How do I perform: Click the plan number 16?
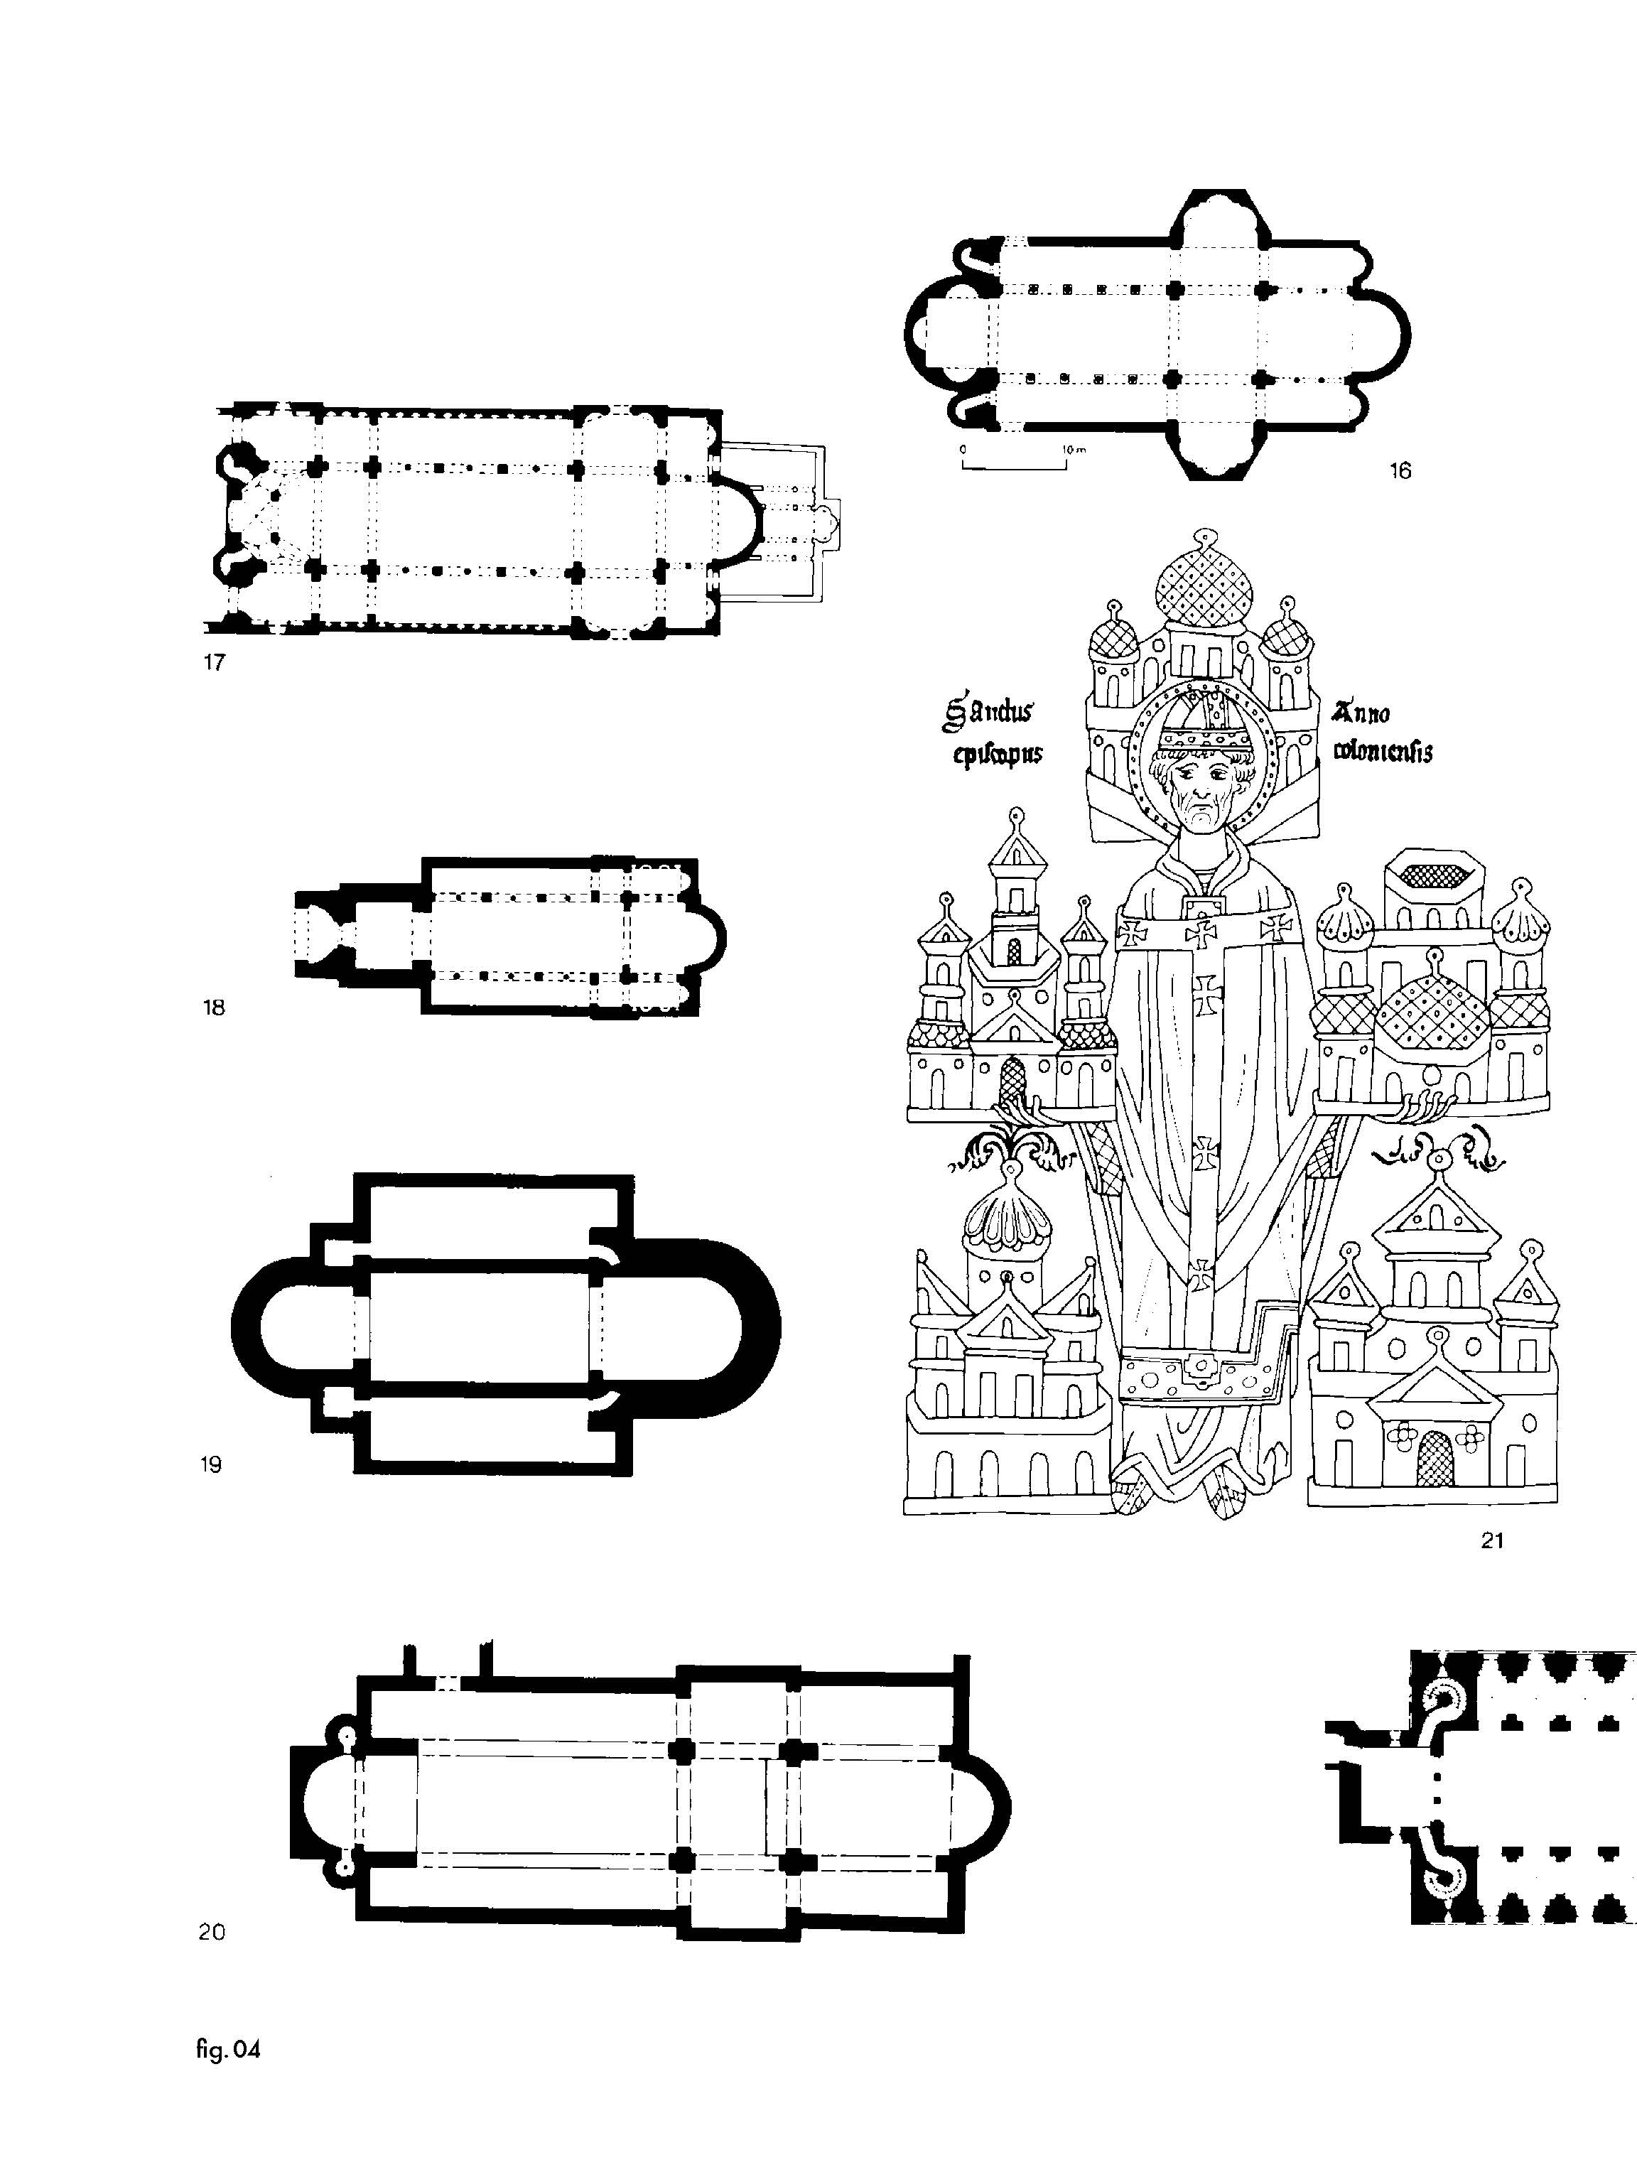tap(1400, 470)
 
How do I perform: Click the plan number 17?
tap(214, 662)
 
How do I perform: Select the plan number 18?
tap(214, 1007)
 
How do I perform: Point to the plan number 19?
tap(211, 1465)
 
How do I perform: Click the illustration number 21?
tap(1491, 1540)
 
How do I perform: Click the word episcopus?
tap(997, 755)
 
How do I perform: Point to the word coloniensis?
tap(1382, 752)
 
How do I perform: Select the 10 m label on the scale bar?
tap(1073, 450)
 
